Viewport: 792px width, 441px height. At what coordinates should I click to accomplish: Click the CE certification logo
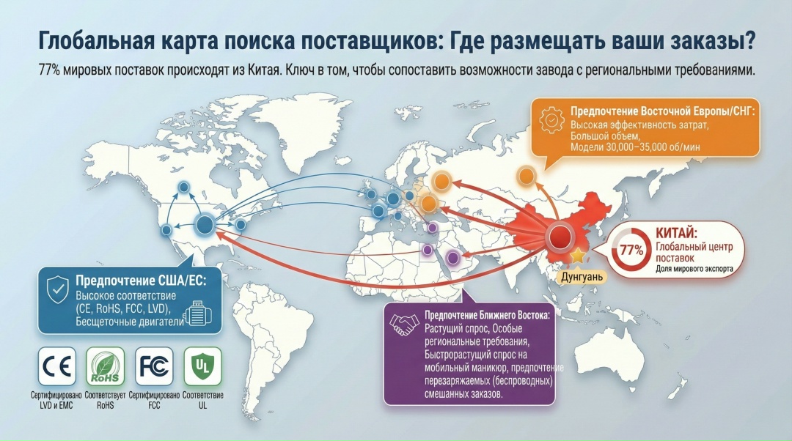tap(57, 366)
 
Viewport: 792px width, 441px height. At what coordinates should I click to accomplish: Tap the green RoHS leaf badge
tap(105, 366)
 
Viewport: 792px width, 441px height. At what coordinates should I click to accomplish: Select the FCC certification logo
tap(154, 366)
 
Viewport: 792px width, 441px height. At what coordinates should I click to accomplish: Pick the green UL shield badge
tap(202, 366)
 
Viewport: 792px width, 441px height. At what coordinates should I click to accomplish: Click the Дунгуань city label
tap(582, 277)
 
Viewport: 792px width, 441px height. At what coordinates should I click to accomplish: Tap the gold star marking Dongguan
tap(578, 256)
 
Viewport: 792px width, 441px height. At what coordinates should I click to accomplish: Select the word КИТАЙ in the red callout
tap(676, 234)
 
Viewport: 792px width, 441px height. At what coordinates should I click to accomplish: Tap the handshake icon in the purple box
tap(404, 325)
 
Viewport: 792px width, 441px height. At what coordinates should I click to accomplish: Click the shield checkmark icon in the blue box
tap(58, 289)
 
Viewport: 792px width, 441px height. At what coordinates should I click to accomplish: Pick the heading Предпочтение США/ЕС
tap(141, 281)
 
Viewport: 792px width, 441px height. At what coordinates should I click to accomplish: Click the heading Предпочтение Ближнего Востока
tap(488, 315)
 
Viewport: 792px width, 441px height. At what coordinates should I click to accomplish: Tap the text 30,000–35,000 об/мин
tap(653, 147)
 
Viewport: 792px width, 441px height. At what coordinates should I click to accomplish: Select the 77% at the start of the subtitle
tap(50, 70)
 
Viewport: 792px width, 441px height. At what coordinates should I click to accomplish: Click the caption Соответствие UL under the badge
tap(203, 400)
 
